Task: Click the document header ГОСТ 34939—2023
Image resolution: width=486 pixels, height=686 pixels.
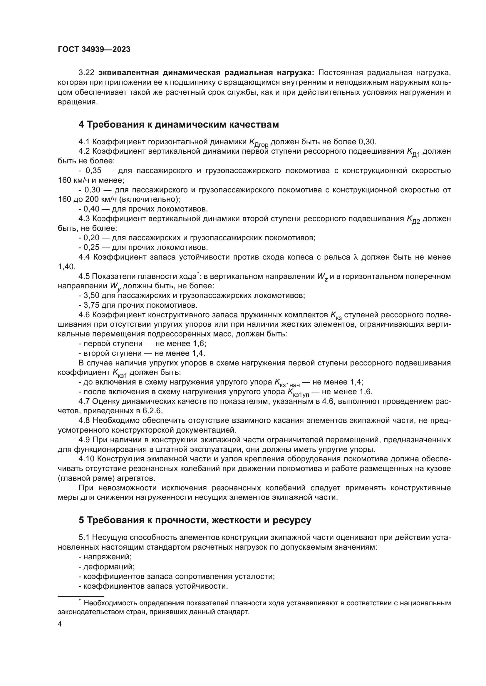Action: tap(94, 50)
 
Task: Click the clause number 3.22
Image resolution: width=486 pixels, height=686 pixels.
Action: tap(86, 73)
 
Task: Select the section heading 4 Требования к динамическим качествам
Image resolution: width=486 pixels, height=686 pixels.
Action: tap(179, 125)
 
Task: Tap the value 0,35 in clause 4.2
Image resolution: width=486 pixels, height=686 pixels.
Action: tap(93, 171)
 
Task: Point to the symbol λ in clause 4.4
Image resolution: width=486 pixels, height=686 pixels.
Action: tap(356, 257)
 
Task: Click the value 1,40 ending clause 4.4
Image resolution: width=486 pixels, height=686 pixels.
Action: tap(67, 267)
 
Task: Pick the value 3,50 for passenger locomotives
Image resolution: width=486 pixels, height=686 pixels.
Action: tap(91, 296)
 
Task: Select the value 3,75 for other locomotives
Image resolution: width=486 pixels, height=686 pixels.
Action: tap(91, 305)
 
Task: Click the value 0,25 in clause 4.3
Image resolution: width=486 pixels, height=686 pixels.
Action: tap(91, 248)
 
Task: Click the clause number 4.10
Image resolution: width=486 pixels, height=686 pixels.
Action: tap(87, 459)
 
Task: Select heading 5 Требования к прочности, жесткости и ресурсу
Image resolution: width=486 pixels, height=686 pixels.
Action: tap(195, 521)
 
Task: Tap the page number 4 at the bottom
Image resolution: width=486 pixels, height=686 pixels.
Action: tap(60, 624)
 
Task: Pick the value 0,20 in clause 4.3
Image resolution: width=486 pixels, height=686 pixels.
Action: tap(91, 238)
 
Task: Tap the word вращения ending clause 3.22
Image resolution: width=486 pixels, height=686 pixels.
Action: tap(77, 102)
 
